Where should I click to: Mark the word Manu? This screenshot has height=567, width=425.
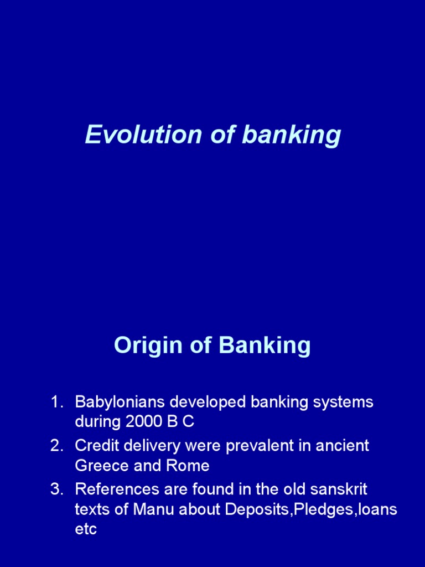[x=151, y=509]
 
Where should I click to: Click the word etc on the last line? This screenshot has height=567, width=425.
[x=86, y=529]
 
